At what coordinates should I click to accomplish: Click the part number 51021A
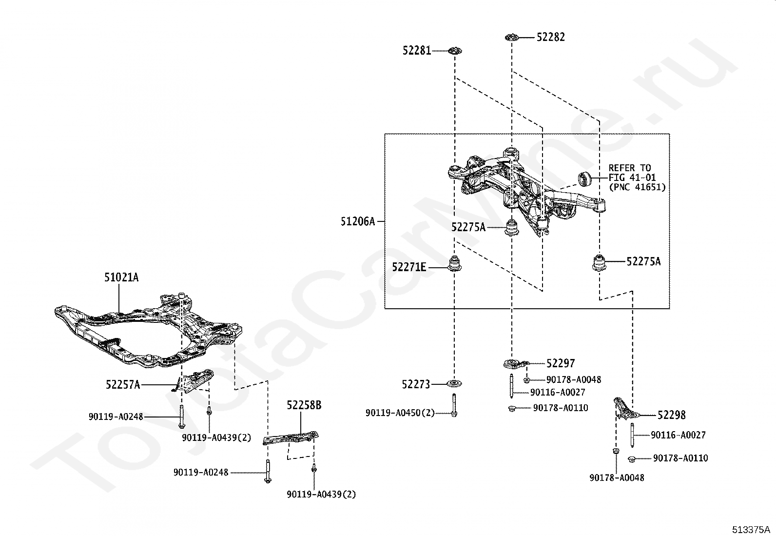[x=121, y=278]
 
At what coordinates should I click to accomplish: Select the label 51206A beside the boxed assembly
[x=358, y=221]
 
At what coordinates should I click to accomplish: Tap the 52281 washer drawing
[x=455, y=51]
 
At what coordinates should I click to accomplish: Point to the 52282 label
[x=551, y=37]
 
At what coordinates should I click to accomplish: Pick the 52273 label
[x=416, y=384]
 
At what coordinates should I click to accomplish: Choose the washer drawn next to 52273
[x=454, y=383]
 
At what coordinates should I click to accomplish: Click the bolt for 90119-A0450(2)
[x=454, y=405]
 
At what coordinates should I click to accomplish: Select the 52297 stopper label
[x=561, y=363]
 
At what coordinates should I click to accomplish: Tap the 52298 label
[x=671, y=415]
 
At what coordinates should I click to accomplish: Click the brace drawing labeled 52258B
[x=291, y=437]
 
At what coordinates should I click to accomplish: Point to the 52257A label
[x=123, y=384]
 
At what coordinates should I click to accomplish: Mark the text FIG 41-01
[x=632, y=178]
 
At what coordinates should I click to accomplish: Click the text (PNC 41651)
[x=638, y=187]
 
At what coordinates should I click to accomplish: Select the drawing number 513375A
[x=751, y=529]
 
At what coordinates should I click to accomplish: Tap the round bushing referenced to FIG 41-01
[x=585, y=178]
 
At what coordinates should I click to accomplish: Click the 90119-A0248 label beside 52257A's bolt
[x=116, y=417]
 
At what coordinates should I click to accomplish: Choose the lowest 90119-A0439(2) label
[x=321, y=494]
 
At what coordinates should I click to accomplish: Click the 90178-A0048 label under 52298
[x=617, y=477]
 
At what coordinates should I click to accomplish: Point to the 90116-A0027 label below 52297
[x=558, y=392]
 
